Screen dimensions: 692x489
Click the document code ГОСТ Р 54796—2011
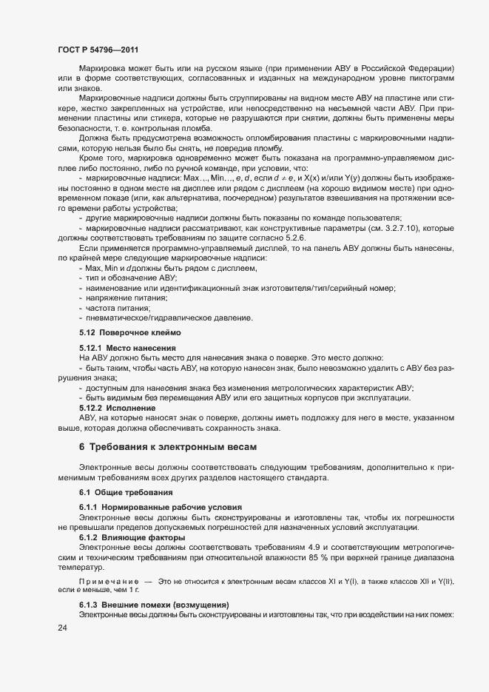tap(98, 48)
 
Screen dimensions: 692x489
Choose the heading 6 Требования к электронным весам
tap(177, 446)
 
